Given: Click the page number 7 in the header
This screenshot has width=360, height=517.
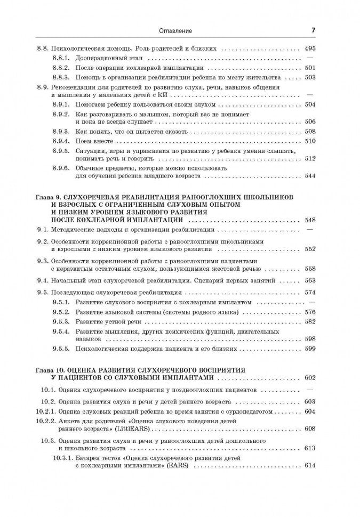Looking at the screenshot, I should coord(313,31).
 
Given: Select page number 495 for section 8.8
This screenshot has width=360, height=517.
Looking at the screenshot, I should coord(309,48).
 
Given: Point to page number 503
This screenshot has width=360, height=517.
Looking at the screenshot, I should coord(309,77).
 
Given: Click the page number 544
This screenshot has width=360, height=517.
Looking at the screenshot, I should coord(309,175).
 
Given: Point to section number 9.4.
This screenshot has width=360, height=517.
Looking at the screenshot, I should coord(43,279).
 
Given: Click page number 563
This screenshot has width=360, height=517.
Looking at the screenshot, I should coord(309,279).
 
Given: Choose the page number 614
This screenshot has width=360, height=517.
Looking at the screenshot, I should coord(309,465).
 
